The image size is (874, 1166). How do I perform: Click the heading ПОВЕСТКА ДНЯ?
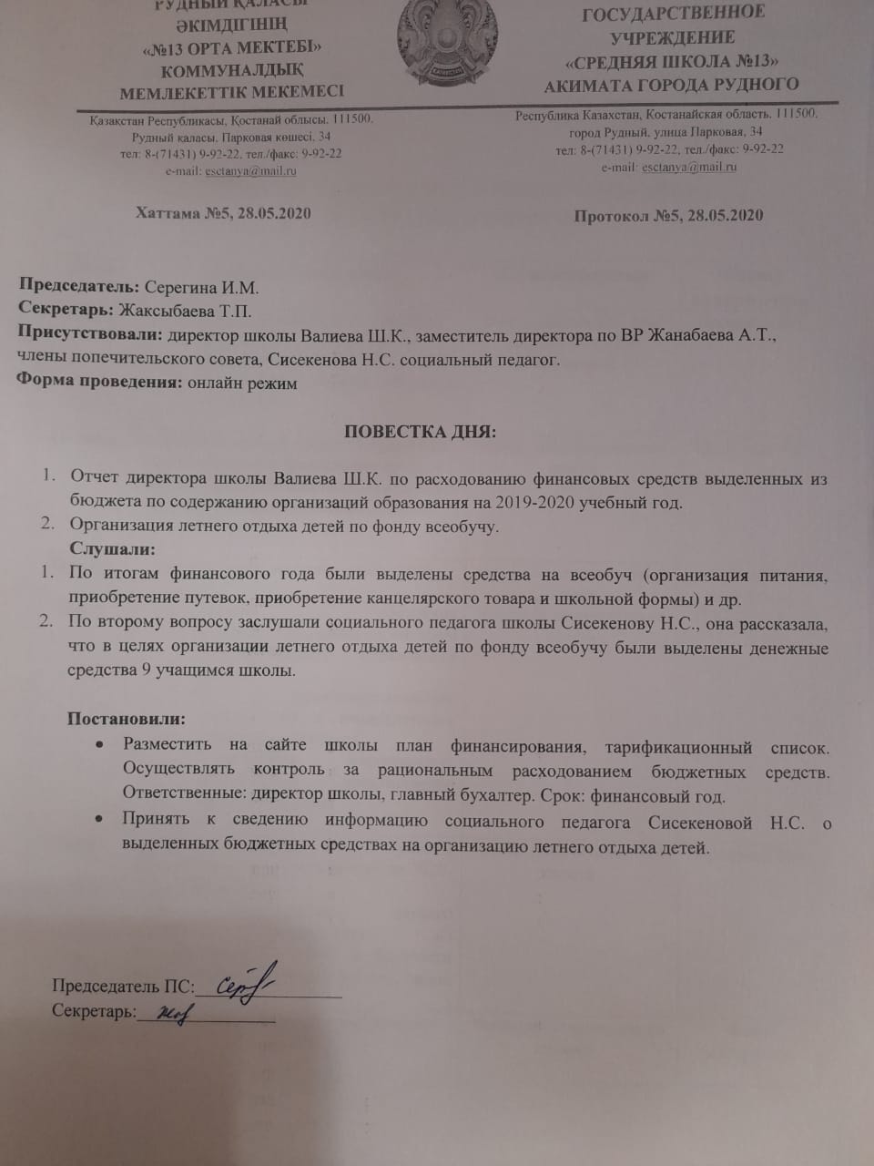[421, 431]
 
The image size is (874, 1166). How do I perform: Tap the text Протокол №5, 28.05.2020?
[668, 216]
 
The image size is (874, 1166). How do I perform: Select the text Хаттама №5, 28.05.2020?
[223, 213]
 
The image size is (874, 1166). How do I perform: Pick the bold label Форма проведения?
[100, 383]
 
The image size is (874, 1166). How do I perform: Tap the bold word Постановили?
[126, 719]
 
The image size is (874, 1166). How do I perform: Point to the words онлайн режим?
[242, 383]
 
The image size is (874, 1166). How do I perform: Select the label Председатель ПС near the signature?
[122, 987]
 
